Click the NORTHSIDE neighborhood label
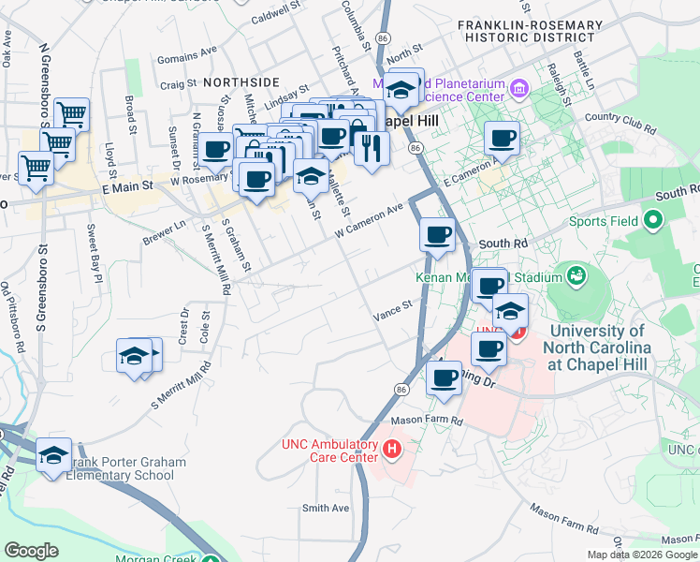(x=241, y=82)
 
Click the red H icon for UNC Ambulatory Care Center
(x=392, y=451)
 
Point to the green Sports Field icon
(x=651, y=221)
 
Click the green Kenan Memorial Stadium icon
(x=576, y=275)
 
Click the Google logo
(x=31, y=550)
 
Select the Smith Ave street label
(x=325, y=508)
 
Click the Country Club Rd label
(x=618, y=121)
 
